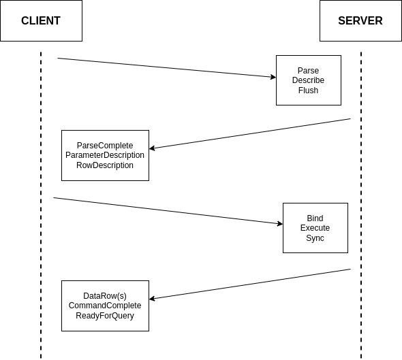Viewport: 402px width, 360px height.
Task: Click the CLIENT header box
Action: coord(41,20)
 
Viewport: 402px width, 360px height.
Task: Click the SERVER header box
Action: coord(360,20)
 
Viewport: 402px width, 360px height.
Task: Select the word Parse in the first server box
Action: coord(308,70)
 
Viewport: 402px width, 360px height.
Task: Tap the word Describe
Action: coord(308,80)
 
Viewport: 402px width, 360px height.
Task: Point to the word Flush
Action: coord(308,90)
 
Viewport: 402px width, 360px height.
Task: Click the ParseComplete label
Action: coord(105,146)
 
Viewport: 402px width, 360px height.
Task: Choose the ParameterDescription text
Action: coord(105,155)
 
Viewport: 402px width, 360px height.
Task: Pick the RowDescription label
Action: coord(105,165)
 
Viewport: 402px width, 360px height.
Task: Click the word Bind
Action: coord(315,218)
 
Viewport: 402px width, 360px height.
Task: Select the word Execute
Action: coord(315,227)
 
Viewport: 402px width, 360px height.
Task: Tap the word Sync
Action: coord(315,238)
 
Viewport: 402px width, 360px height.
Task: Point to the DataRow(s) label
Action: coord(105,296)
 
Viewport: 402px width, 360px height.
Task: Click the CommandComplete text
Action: coord(105,305)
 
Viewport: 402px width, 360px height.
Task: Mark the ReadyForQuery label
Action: coord(105,316)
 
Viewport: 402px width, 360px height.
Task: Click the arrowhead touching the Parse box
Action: coord(273,77)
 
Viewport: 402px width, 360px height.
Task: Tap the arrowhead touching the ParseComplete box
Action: coord(152,148)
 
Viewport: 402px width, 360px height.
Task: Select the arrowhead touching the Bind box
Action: coord(280,224)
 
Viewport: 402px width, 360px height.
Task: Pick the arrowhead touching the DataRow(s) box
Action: coord(152,299)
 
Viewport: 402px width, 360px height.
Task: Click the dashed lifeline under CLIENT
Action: coord(41,205)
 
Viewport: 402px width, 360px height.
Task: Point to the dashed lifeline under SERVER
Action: coord(361,205)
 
